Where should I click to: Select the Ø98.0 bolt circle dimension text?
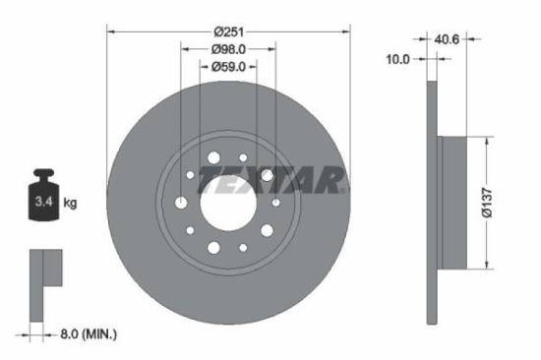pyautogui.click(x=228, y=48)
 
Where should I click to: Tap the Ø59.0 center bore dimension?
pyautogui.click(x=228, y=66)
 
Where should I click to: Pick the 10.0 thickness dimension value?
pyautogui.click(x=397, y=59)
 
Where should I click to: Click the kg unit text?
pyautogui.click(x=71, y=204)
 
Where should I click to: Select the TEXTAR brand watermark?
pyautogui.click(x=271, y=180)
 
